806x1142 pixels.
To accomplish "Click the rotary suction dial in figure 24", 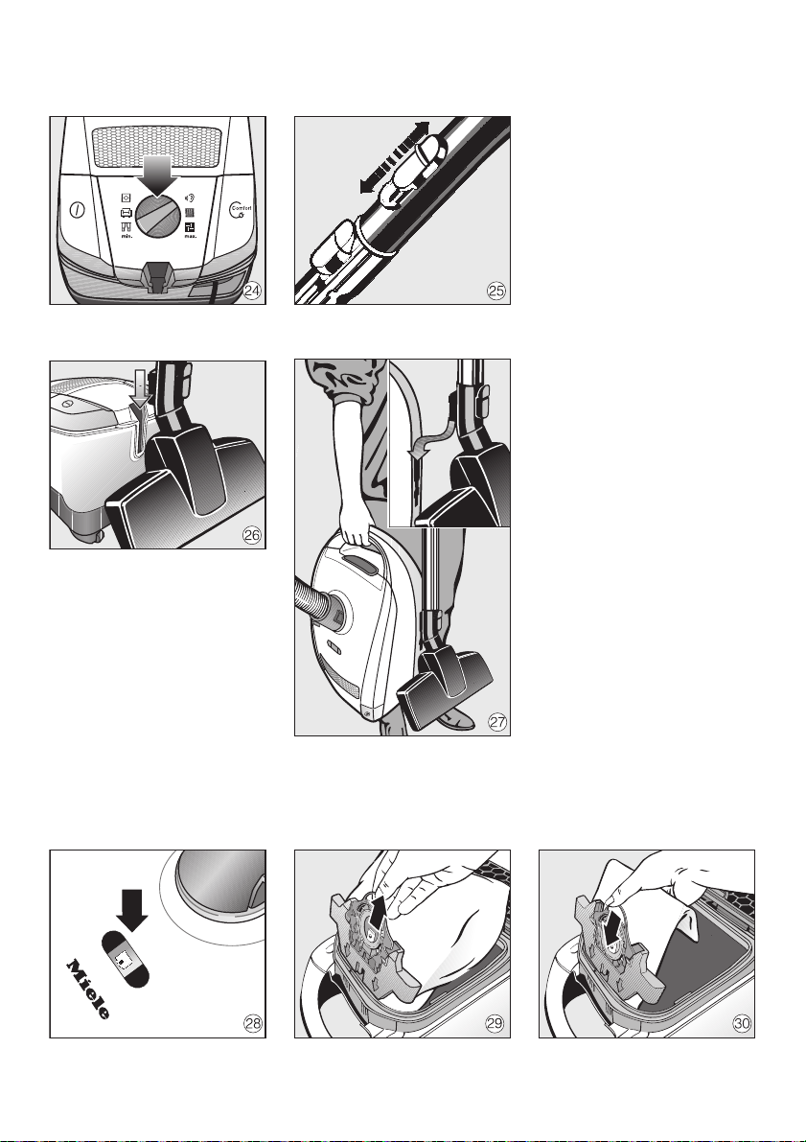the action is click(158, 215).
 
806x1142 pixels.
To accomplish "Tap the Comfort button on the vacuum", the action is click(242, 210).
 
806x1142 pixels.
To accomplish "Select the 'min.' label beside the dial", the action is click(127, 236).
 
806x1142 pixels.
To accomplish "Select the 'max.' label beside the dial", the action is click(190, 236).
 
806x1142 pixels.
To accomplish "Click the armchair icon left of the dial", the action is click(126, 213).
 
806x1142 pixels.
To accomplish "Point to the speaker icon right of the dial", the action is click(190, 198).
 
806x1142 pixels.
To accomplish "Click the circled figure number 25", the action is click(495, 291).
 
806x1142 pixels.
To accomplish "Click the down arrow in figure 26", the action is click(141, 386).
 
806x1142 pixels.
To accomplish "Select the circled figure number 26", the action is click(251, 535).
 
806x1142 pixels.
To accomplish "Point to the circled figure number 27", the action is click(497, 722).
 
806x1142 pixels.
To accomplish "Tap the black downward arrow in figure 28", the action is click(132, 909).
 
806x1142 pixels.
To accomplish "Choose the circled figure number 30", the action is click(741, 1023).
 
